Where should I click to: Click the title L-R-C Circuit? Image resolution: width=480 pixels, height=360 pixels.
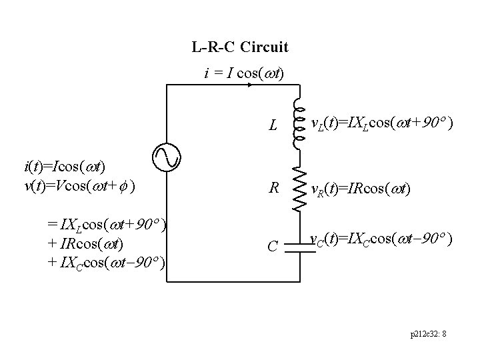239,47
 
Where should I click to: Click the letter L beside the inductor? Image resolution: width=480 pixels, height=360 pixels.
273,125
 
